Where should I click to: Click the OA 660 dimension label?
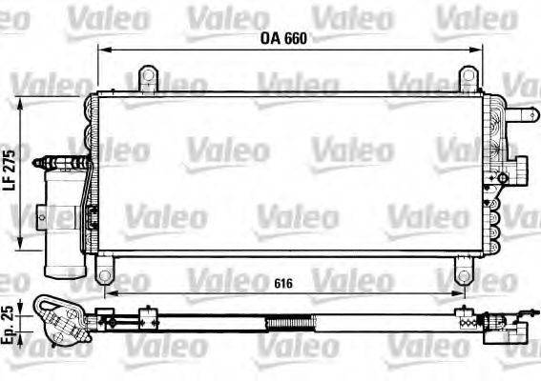click(x=287, y=40)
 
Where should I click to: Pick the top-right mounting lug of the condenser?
click(x=467, y=76)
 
